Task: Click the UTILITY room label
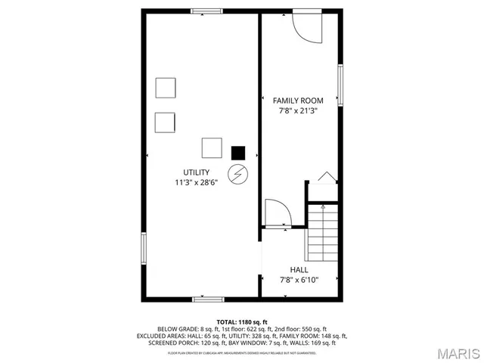196,172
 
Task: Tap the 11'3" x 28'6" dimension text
196,182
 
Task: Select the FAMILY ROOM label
298,101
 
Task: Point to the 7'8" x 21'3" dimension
298,110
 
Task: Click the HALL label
299,269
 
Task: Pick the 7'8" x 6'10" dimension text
299,280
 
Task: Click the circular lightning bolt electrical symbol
238,174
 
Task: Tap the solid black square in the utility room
239,152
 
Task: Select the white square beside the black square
212,147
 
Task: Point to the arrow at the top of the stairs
323,206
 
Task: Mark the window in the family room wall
341,85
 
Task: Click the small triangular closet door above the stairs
325,177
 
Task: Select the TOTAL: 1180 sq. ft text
242,322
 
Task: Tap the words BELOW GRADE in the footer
178,329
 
